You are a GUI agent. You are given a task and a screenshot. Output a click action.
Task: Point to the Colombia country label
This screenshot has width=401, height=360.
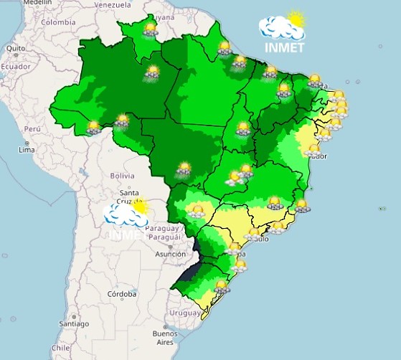tap(58, 22)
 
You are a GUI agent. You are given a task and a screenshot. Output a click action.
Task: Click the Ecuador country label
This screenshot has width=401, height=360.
tap(15, 66)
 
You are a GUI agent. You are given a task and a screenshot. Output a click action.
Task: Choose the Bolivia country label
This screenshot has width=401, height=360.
tap(122, 175)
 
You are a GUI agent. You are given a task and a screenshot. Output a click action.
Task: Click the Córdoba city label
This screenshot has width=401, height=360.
tap(121, 294)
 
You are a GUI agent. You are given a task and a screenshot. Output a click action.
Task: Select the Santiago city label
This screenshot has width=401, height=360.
tap(73, 323)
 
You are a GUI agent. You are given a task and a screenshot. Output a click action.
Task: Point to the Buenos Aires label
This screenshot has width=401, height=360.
tap(164, 338)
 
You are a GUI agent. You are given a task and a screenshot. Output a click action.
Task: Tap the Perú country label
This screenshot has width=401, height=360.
tap(32, 128)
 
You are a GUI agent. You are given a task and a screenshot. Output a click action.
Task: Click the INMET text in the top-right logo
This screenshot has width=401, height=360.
tap(283, 48)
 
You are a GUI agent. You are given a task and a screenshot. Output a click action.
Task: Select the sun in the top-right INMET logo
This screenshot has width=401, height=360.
tap(294, 19)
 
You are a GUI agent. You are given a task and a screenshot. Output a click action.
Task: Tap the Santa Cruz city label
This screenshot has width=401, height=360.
tap(129, 196)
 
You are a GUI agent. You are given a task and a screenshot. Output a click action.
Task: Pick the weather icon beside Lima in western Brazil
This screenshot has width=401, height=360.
tap(93, 128)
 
